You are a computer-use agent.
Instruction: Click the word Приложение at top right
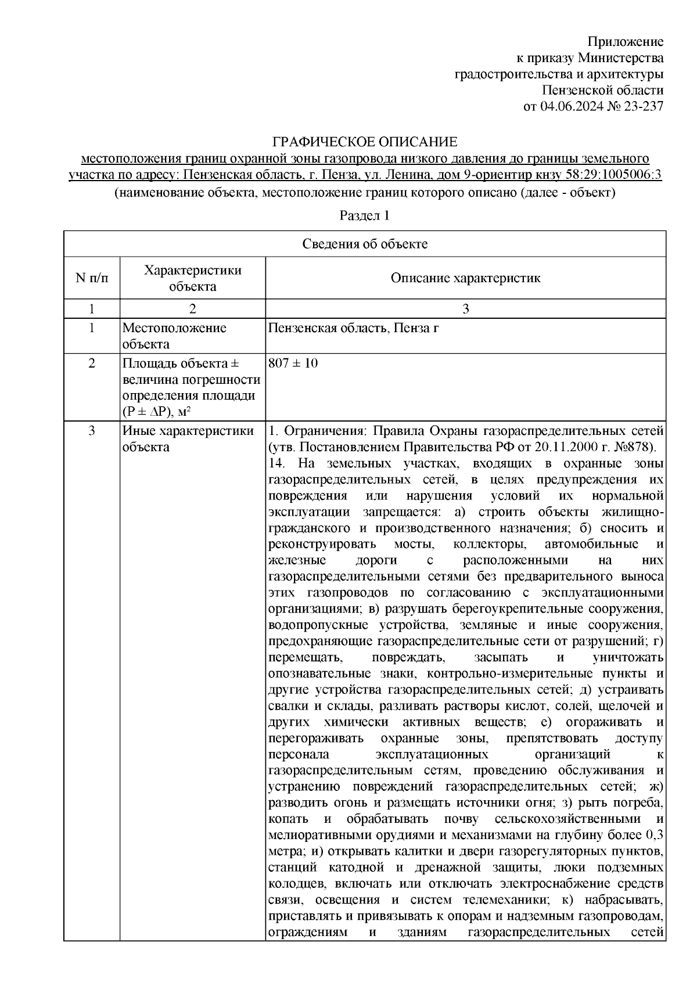pos(626,42)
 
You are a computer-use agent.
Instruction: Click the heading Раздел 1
pos(364,216)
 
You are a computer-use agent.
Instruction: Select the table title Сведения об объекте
pos(365,244)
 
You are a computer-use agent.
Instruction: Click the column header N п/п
pos(92,278)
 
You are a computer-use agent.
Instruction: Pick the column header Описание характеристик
pos(465,278)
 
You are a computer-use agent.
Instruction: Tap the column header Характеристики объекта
pos(193,278)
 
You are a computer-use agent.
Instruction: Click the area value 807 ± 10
pos(293,364)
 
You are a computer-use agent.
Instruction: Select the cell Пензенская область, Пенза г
pos(353,328)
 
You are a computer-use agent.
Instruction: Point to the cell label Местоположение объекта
pos(174,336)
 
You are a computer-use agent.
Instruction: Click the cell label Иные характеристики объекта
pos(188,439)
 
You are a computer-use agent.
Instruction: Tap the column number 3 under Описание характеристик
pos(465,309)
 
